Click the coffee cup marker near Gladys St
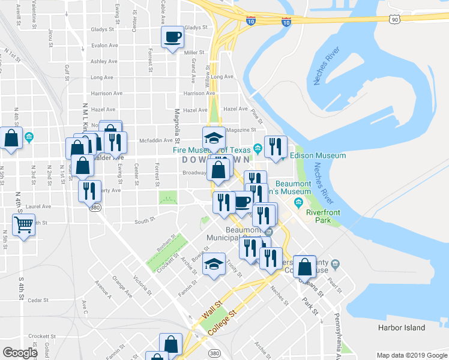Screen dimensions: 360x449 click(172, 37)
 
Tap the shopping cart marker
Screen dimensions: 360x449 click(23, 226)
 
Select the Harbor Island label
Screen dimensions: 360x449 click(402, 328)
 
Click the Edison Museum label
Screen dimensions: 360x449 click(318, 155)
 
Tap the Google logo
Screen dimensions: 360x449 click(20, 353)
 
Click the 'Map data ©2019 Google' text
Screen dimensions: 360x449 click(411, 355)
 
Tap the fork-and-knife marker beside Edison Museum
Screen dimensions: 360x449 click(276, 146)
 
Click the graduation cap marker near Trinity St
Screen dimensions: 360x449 click(214, 265)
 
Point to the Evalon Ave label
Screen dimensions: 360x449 click(104, 45)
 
